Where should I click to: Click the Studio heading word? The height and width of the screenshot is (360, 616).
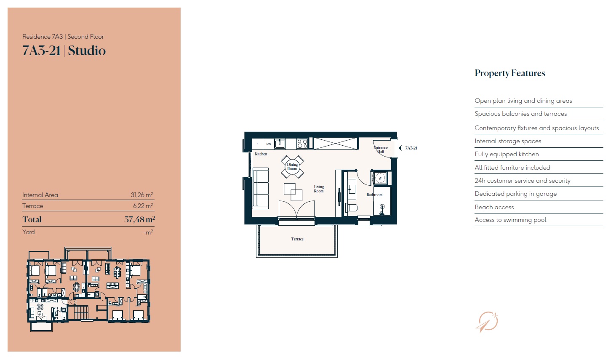87,51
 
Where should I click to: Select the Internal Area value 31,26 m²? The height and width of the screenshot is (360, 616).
141,195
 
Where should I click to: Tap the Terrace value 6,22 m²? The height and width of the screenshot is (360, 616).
143,206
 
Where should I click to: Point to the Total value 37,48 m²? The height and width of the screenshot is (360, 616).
139,219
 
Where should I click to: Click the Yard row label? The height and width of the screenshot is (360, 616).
29,232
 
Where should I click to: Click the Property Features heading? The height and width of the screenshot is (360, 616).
509,73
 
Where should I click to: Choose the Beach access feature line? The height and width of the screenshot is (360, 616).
494,207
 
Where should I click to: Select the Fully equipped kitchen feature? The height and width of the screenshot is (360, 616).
507,154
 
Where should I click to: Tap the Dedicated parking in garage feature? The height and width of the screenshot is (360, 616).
515,194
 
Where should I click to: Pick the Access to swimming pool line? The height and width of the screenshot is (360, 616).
510,220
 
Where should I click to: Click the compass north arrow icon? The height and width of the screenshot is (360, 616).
487,322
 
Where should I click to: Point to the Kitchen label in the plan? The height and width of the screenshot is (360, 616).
261,154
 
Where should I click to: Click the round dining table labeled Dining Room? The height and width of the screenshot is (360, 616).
292,167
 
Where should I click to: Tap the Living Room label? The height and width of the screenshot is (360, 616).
319,189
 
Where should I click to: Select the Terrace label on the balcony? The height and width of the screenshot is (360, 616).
297,239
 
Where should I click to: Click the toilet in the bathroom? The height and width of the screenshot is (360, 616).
352,208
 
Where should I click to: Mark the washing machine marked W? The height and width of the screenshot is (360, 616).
380,178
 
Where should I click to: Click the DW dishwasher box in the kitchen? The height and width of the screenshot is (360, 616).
269,144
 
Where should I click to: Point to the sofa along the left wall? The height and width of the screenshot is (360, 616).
261,188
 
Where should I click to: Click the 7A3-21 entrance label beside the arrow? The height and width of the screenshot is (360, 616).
411,148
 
